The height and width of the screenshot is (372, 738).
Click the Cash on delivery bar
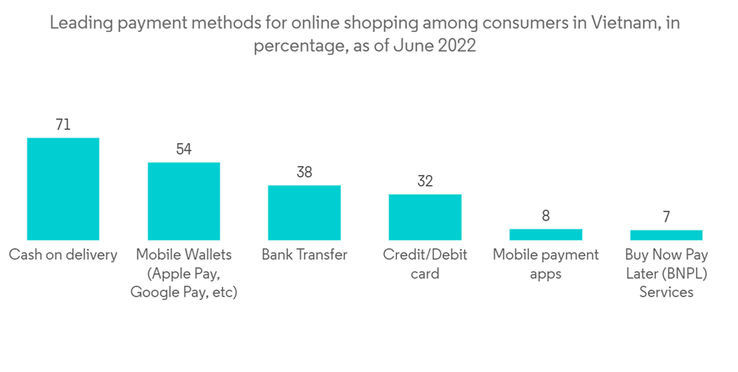(x=63, y=188)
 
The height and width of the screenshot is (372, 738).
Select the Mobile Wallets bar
(x=184, y=201)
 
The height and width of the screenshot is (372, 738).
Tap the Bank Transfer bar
(x=304, y=213)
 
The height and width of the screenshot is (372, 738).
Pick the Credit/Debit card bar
(x=425, y=217)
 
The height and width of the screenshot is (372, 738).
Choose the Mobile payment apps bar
(x=545, y=235)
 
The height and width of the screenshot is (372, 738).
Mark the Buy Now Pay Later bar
(x=666, y=235)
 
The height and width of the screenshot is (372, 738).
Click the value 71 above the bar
(x=63, y=125)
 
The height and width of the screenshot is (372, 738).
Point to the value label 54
(x=184, y=149)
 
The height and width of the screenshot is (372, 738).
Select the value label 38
(x=304, y=173)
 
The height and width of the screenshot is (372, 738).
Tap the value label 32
(x=425, y=182)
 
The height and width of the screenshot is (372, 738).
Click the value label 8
(x=545, y=216)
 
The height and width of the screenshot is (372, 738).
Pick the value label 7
(x=666, y=217)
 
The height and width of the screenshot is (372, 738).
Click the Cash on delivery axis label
(x=63, y=255)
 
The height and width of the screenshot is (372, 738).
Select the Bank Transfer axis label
(x=304, y=255)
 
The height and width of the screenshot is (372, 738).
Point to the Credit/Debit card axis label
(x=425, y=264)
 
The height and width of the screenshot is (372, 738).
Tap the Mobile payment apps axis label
(x=545, y=264)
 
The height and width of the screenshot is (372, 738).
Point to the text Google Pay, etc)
(x=184, y=292)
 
